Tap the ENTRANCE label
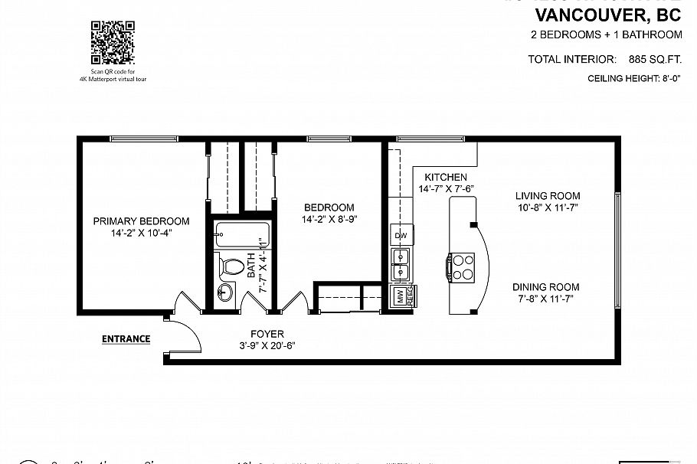(x=126, y=339)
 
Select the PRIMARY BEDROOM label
(x=141, y=221)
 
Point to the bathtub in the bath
(x=242, y=234)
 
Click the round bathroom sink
(x=225, y=292)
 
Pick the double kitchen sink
(x=400, y=265)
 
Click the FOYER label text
(x=267, y=334)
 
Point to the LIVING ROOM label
(x=547, y=196)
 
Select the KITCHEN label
(x=445, y=177)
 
